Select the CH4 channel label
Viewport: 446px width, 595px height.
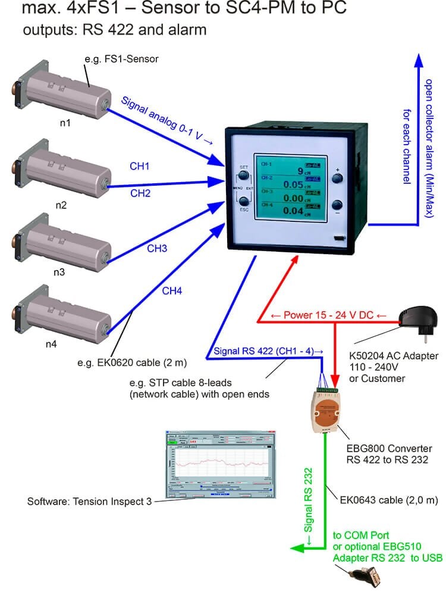click(172, 291)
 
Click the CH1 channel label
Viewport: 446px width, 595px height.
click(139, 167)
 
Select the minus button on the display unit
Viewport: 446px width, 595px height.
click(338, 203)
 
